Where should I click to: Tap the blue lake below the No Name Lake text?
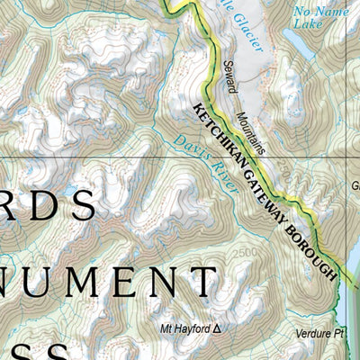coord(301,48)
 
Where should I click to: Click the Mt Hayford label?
coord(184,329)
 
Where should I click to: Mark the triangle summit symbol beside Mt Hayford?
coord(215,329)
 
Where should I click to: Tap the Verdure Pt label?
coord(320,334)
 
